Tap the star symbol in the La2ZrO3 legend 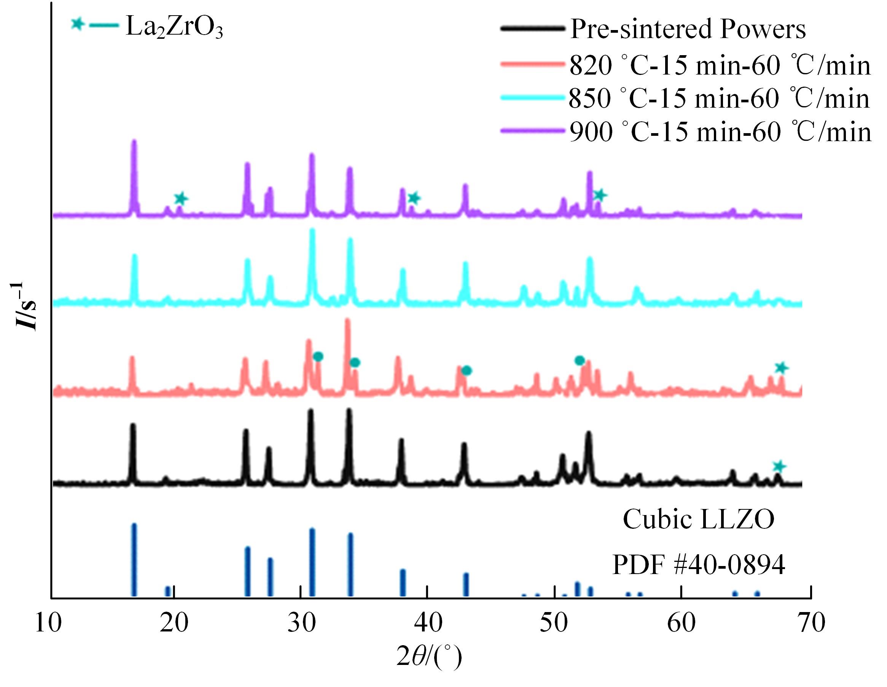77,24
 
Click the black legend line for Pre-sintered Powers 532,29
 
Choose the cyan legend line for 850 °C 532,97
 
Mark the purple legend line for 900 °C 532,131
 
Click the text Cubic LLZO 699,519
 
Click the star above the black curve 779,466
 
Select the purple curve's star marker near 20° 181,199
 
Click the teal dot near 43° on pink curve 467,370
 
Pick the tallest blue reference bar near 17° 134,560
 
